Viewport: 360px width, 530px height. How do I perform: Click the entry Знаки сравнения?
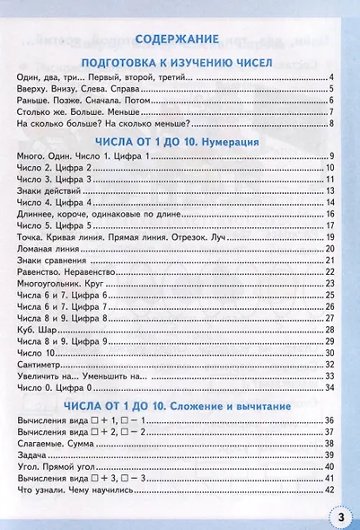click(x=50, y=260)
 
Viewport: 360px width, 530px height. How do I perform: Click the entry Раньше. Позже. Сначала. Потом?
click(x=75, y=101)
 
